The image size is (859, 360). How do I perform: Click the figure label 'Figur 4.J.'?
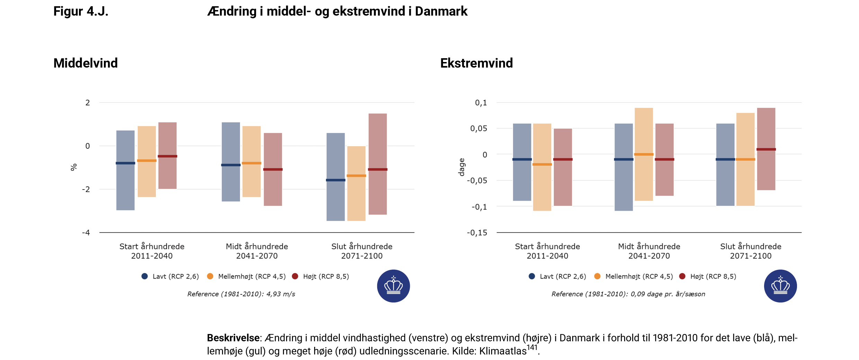[x=81, y=11]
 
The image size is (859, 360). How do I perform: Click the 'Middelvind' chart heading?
[x=86, y=63]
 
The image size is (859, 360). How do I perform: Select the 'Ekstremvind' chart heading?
[x=476, y=63]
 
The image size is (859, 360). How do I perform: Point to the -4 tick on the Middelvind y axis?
[x=86, y=232]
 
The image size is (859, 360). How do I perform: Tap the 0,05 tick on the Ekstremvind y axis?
[x=479, y=129]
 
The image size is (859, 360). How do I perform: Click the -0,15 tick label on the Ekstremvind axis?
[x=477, y=232]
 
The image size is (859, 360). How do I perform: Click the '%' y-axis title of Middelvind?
[x=74, y=167]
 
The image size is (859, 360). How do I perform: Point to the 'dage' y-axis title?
[x=461, y=167]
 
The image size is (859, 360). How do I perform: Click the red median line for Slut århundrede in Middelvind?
[x=378, y=169]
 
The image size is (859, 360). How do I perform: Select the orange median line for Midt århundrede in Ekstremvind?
[x=644, y=155]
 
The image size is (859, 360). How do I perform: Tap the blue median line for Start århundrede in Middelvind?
[x=125, y=163]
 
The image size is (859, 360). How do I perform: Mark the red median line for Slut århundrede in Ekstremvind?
[x=766, y=149]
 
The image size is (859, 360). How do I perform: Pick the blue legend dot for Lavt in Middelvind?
[x=145, y=276]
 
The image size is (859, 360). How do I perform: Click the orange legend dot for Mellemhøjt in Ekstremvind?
[x=597, y=276]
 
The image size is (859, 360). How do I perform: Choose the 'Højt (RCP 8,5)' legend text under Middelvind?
[x=326, y=276]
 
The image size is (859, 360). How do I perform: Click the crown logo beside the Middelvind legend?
[x=393, y=286]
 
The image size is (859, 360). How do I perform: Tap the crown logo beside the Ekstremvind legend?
[x=780, y=286]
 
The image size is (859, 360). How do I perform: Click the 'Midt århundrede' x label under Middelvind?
[x=257, y=246]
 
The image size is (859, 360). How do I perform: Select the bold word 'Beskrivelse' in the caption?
[x=233, y=338]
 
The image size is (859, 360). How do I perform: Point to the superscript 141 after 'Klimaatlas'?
[x=532, y=348]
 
